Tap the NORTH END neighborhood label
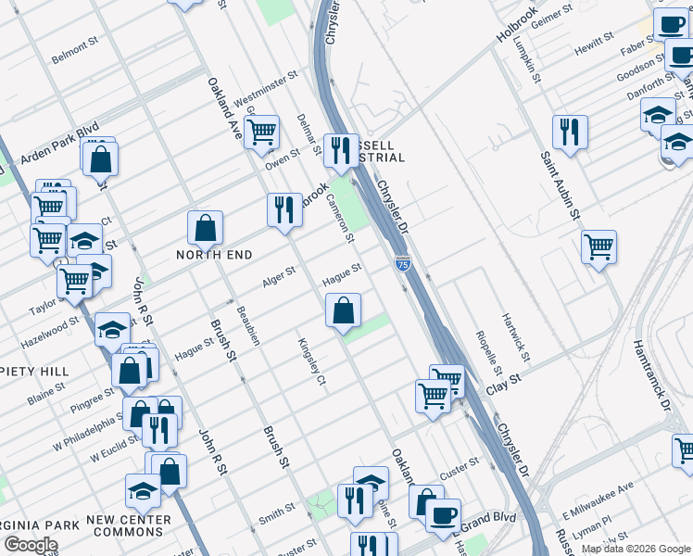click(216, 254)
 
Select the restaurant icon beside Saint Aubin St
click(570, 132)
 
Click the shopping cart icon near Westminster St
click(262, 132)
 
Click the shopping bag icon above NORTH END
click(205, 227)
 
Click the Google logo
click(31, 545)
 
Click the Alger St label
click(279, 275)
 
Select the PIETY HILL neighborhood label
click(35, 371)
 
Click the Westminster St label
click(265, 88)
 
